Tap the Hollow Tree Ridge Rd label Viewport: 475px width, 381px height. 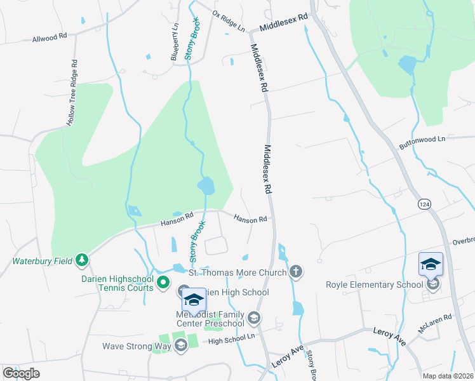pyautogui.click(x=72, y=93)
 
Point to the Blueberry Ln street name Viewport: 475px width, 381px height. pyautogui.click(x=174, y=43)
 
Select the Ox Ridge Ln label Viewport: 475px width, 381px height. pyautogui.click(x=229, y=22)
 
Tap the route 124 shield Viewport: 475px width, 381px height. pyautogui.click(x=425, y=204)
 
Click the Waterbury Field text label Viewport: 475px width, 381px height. pyautogui.click(x=41, y=260)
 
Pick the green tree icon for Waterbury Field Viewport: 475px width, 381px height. pyautogui.click(x=81, y=260)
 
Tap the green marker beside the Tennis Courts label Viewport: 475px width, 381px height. pyautogui.click(x=163, y=282)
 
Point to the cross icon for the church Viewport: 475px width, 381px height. pyautogui.click(x=295, y=272)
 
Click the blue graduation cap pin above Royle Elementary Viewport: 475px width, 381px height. pyautogui.click(x=431, y=264)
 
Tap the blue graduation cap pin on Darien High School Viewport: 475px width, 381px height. pyautogui.click(x=194, y=300)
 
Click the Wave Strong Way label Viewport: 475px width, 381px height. pyautogui.click(x=137, y=346)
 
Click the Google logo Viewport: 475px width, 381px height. pyautogui.click(x=21, y=373)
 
